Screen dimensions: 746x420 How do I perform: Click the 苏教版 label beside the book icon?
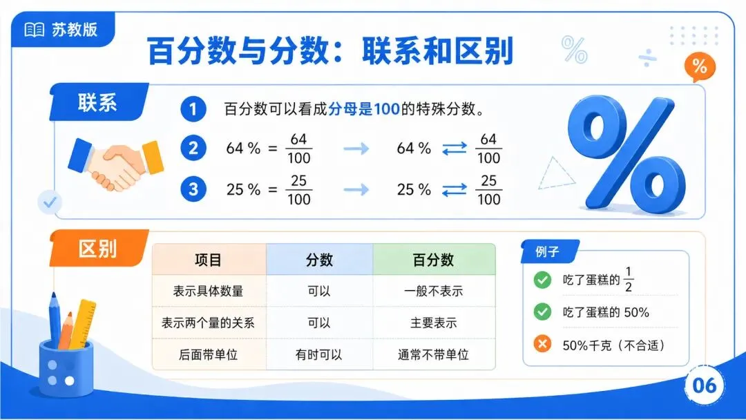tap(75, 30)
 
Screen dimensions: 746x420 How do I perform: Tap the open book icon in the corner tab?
tap(35, 30)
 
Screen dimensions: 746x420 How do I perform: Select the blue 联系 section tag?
tap(99, 102)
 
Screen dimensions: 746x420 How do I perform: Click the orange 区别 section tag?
tap(99, 248)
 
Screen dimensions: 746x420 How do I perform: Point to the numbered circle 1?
tap(193, 109)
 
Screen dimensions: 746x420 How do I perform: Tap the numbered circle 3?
tap(193, 189)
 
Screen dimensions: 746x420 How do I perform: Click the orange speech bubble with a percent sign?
tap(699, 66)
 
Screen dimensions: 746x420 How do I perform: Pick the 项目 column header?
tap(209, 260)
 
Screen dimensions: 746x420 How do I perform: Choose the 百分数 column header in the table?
tap(433, 260)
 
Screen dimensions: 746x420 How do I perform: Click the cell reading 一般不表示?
tap(433, 291)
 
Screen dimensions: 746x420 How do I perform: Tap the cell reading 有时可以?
tap(318, 355)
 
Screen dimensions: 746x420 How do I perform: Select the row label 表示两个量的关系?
tap(209, 323)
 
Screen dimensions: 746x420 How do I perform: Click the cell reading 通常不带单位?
tap(433, 355)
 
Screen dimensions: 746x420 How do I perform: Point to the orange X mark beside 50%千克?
tap(542, 343)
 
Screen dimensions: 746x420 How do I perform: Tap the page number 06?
tap(704, 385)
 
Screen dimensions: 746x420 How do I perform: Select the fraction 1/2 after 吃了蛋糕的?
tap(629, 279)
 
